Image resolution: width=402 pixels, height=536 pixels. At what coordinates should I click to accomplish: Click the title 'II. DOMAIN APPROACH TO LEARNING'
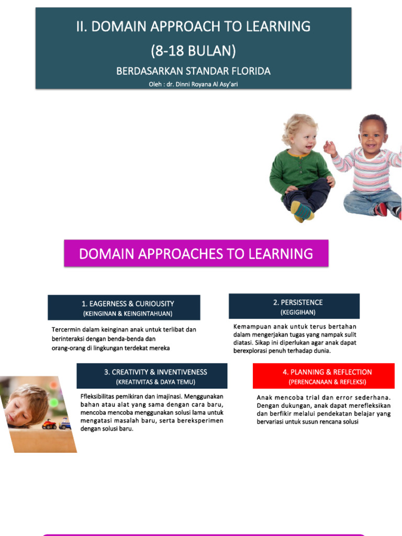[x=193, y=26]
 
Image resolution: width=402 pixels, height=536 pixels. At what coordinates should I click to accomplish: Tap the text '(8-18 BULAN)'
[x=193, y=51]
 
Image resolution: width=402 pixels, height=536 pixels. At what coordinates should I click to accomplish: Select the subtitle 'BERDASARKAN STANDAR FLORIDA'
[x=193, y=71]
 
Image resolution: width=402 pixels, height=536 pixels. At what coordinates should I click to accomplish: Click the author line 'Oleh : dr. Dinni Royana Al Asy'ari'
[x=193, y=84]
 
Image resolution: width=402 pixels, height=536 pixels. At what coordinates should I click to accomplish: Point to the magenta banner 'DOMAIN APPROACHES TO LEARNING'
[x=196, y=254]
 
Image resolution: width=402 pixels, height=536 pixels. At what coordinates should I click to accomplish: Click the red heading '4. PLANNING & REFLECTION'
[x=327, y=372]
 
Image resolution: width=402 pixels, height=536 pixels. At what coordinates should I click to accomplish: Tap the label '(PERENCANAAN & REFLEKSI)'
[x=327, y=382]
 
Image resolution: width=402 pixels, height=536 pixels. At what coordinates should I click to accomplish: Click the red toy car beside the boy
[x=49, y=424]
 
